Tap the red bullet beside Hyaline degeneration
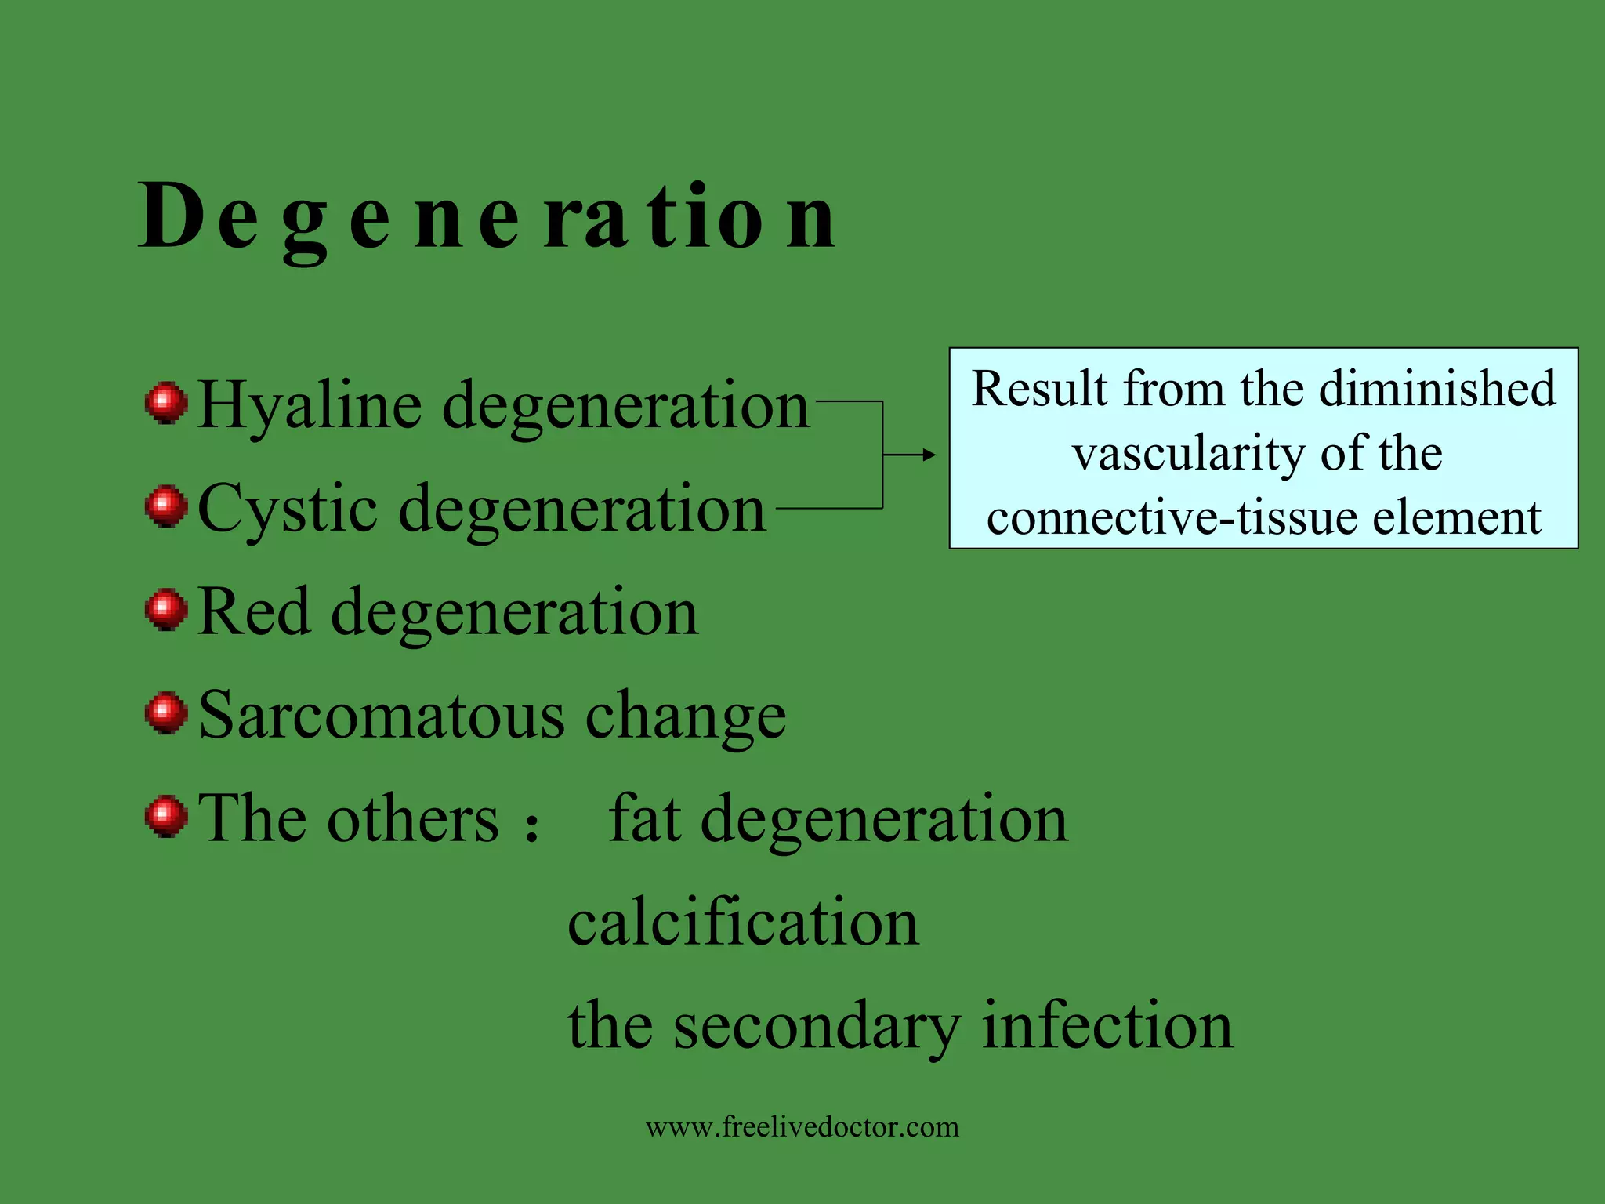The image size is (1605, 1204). point(166,403)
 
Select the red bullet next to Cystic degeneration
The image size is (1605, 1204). point(166,506)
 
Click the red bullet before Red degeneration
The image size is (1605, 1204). point(166,610)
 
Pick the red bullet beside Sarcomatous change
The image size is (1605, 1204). point(166,713)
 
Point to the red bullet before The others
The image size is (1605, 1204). point(166,817)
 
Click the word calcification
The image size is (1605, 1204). point(743,923)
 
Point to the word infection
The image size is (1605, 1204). point(1107,1025)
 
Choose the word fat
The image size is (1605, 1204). point(644,818)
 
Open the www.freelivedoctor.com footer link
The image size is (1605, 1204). point(802,1127)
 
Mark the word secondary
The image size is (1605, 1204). point(817,1027)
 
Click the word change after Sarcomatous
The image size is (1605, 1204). point(686,716)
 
